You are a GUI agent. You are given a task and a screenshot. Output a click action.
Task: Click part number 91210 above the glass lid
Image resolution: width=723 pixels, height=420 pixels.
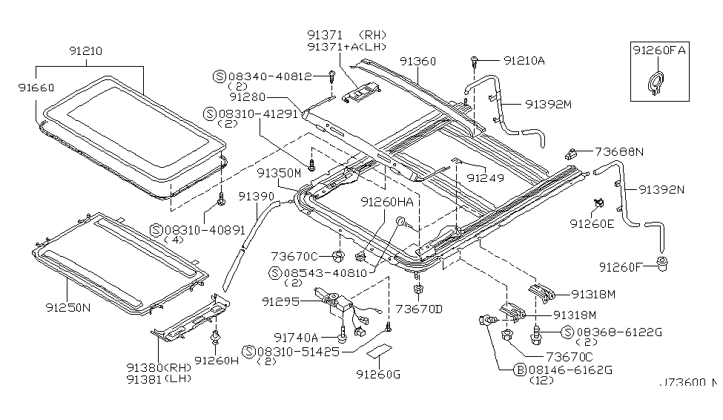click(x=87, y=52)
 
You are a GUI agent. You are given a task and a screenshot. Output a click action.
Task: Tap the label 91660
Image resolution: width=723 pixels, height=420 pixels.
click(x=35, y=87)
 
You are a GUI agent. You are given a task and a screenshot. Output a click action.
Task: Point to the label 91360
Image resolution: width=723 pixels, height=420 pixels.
click(x=419, y=61)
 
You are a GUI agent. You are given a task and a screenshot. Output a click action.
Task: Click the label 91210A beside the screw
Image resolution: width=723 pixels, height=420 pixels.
click(x=524, y=59)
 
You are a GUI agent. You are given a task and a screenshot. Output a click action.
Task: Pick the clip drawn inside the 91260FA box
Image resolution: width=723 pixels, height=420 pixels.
click(x=655, y=82)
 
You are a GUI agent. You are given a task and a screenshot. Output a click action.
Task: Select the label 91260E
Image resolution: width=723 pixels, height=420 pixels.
click(x=592, y=223)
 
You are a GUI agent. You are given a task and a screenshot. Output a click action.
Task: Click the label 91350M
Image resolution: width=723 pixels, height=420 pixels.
click(x=280, y=172)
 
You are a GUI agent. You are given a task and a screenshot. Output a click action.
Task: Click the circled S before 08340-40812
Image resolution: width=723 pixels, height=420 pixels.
click(x=219, y=76)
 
